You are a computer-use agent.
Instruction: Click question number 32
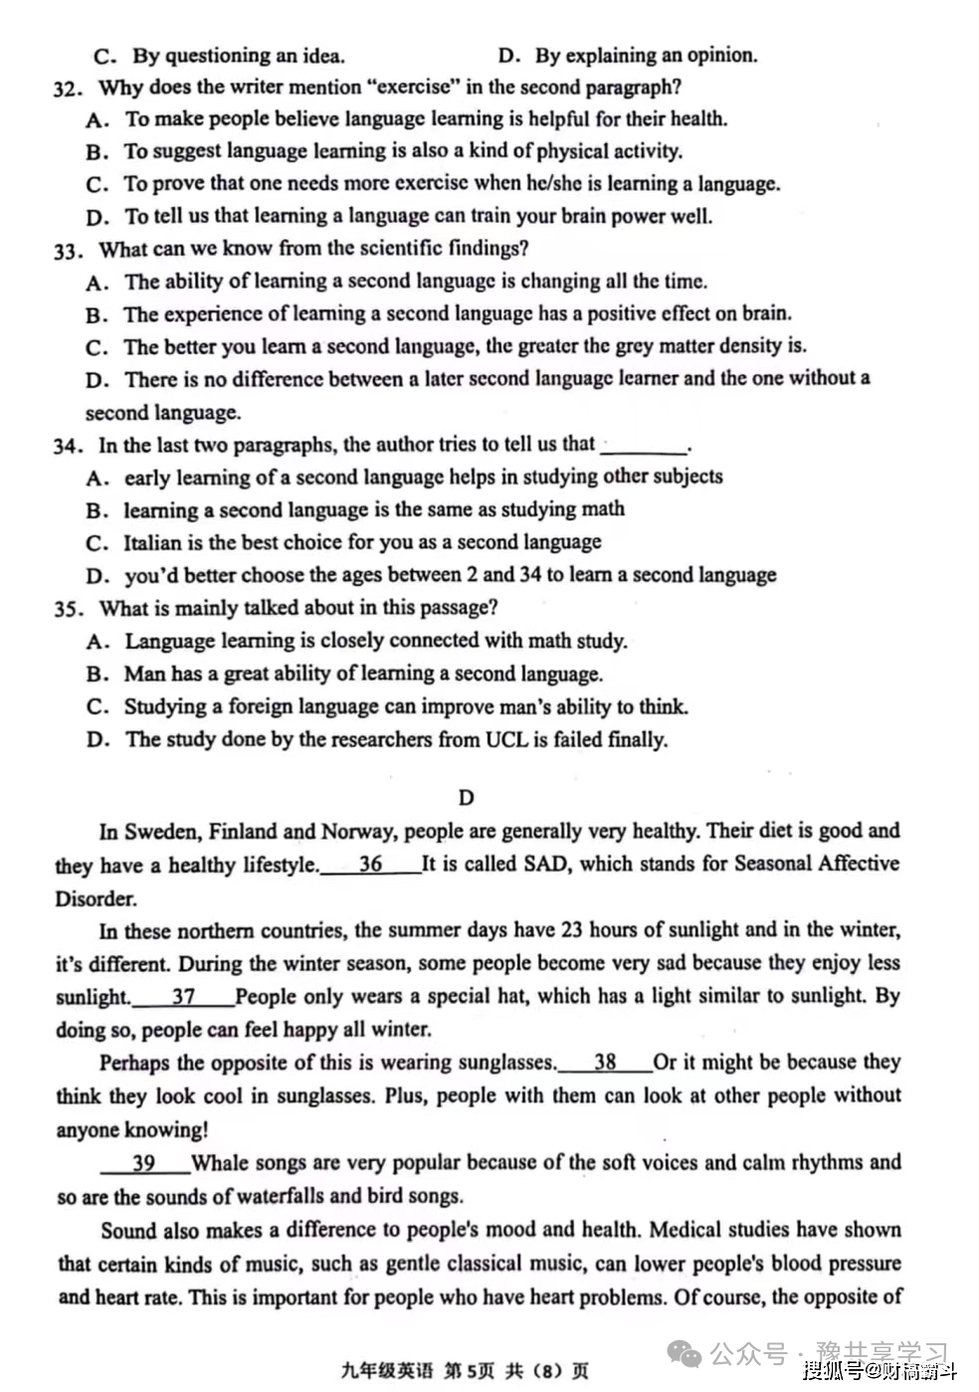click(x=68, y=89)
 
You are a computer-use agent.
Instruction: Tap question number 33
click(x=68, y=250)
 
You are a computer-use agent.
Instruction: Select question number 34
click(x=68, y=446)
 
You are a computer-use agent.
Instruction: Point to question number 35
click(x=68, y=609)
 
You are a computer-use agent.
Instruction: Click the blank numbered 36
click(x=370, y=865)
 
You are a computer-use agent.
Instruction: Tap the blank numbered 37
click(x=183, y=997)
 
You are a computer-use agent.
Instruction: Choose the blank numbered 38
click(x=605, y=1063)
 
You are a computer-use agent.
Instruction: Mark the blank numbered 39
click(x=144, y=1163)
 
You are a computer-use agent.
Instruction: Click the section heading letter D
click(x=467, y=797)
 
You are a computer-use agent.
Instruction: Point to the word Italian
click(x=152, y=542)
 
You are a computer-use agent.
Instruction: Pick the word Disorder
click(x=96, y=898)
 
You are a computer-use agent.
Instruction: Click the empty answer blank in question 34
click(x=645, y=446)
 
